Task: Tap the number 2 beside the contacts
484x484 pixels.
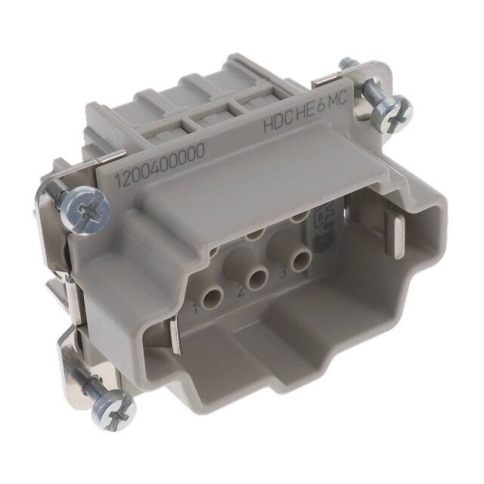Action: pos(238,290)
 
